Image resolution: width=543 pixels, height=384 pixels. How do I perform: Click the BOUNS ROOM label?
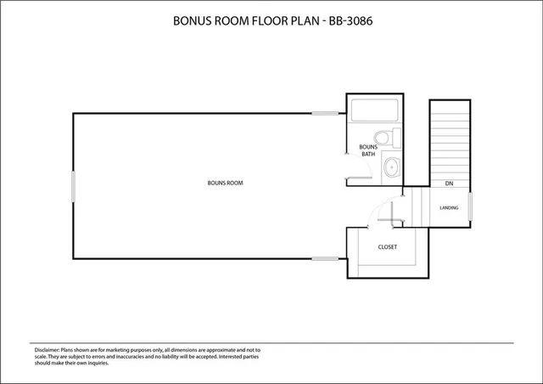[x=225, y=183]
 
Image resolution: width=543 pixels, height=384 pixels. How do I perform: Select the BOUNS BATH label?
[x=367, y=150]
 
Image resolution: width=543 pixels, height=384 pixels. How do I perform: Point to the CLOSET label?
[x=388, y=247]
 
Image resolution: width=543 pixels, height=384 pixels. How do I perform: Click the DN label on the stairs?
[x=448, y=184]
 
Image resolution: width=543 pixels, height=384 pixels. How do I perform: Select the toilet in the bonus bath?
[x=384, y=137]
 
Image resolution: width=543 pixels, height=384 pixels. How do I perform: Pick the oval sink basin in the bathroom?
[x=391, y=167]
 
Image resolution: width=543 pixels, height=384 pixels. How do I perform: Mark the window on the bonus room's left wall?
[x=73, y=186]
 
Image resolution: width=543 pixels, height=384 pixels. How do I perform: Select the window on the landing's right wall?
[x=470, y=208]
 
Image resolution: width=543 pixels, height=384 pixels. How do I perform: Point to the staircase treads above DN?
[x=448, y=140]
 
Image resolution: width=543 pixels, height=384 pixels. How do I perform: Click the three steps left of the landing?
[x=413, y=208]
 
